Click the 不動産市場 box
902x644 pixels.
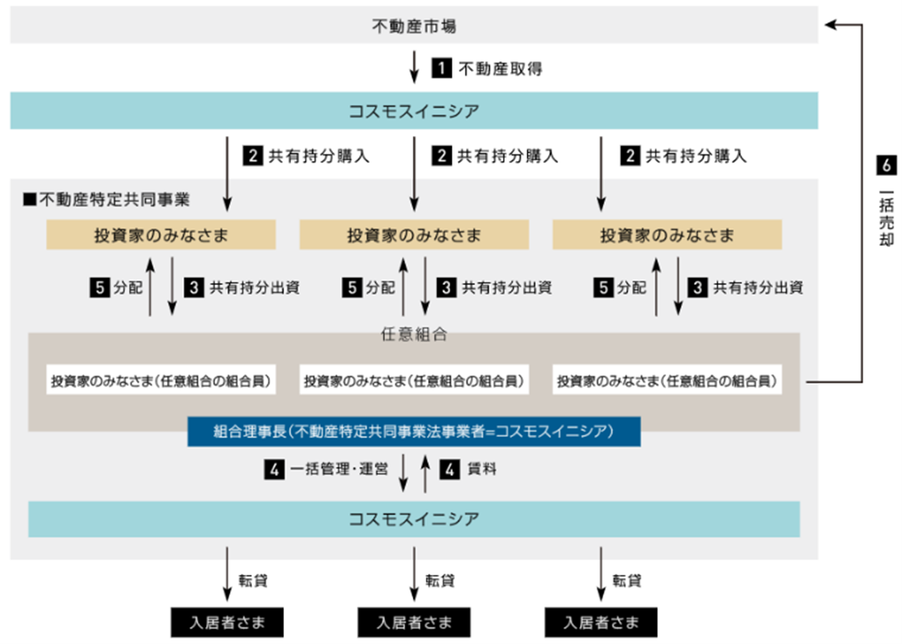click(x=413, y=26)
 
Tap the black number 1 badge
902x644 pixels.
click(x=442, y=69)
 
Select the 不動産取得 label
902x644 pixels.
click(x=489, y=69)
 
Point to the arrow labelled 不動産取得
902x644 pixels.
click(x=414, y=67)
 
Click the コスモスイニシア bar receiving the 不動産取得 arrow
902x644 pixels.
click(x=413, y=111)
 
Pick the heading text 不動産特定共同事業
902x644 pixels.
click(x=114, y=200)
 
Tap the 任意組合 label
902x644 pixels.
click(x=413, y=334)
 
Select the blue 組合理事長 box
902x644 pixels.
click(x=413, y=431)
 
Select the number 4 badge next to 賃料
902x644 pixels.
click(x=449, y=470)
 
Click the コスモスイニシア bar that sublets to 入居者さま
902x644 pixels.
click(x=413, y=519)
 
